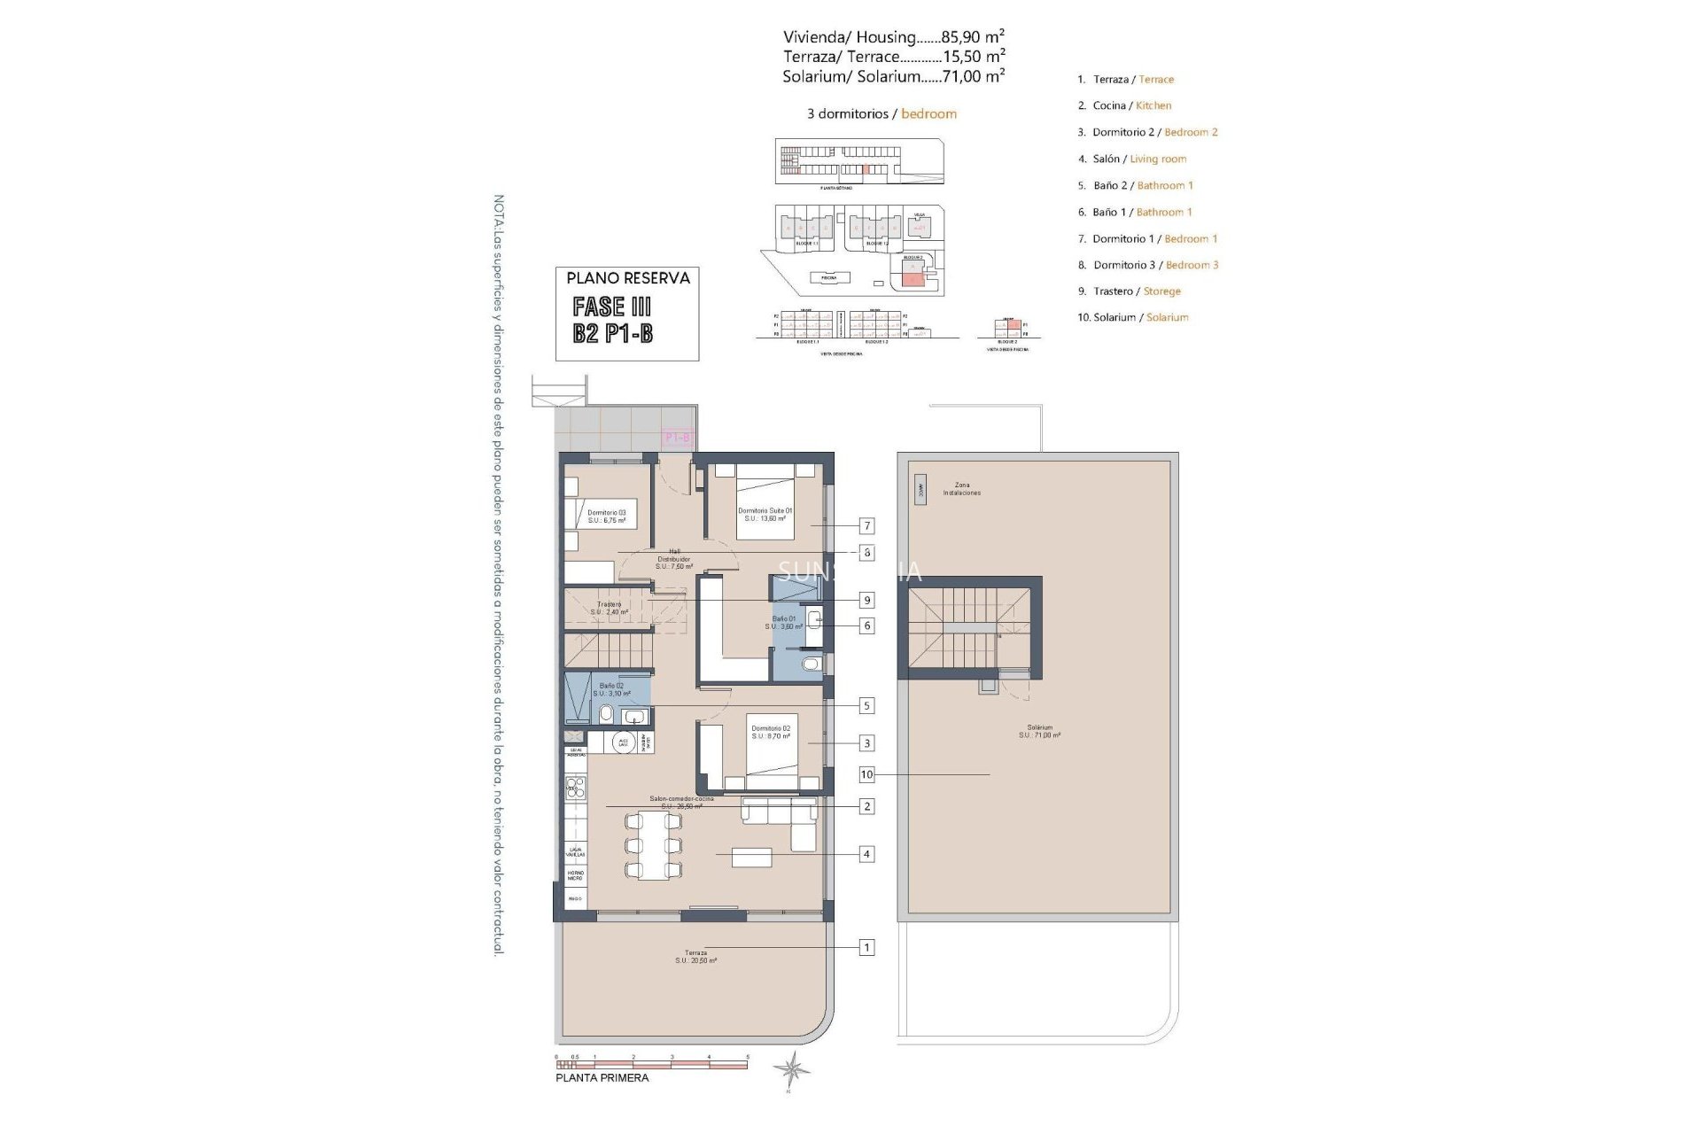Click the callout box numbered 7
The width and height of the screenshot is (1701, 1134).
(x=867, y=525)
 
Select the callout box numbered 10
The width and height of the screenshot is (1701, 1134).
(x=866, y=774)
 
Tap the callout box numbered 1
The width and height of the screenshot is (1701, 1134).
(x=867, y=947)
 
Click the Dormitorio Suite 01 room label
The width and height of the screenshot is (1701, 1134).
(x=765, y=514)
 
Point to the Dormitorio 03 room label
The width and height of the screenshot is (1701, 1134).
(x=606, y=517)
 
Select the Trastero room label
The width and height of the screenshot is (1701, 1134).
(x=610, y=608)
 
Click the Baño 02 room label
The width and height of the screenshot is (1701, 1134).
(x=611, y=689)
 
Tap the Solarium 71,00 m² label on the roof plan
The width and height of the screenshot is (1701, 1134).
(x=1038, y=731)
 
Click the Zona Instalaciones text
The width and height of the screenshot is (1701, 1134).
(x=961, y=489)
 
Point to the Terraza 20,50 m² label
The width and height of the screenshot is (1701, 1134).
(x=695, y=957)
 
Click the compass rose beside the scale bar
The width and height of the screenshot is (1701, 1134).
(x=790, y=1069)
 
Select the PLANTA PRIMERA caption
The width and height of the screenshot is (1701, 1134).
(x=602, y=1078)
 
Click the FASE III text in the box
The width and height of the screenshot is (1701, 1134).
(x=612, y=307)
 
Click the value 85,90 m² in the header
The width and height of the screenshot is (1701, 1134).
(x=972, y=36)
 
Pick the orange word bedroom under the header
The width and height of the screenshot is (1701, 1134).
(x=928, y=113)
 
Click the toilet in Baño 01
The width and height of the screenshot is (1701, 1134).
(x=809, y=664)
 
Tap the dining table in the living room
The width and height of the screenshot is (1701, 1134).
(x=653, y=846)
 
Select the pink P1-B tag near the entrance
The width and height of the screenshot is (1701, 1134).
(x=677, y=437)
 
